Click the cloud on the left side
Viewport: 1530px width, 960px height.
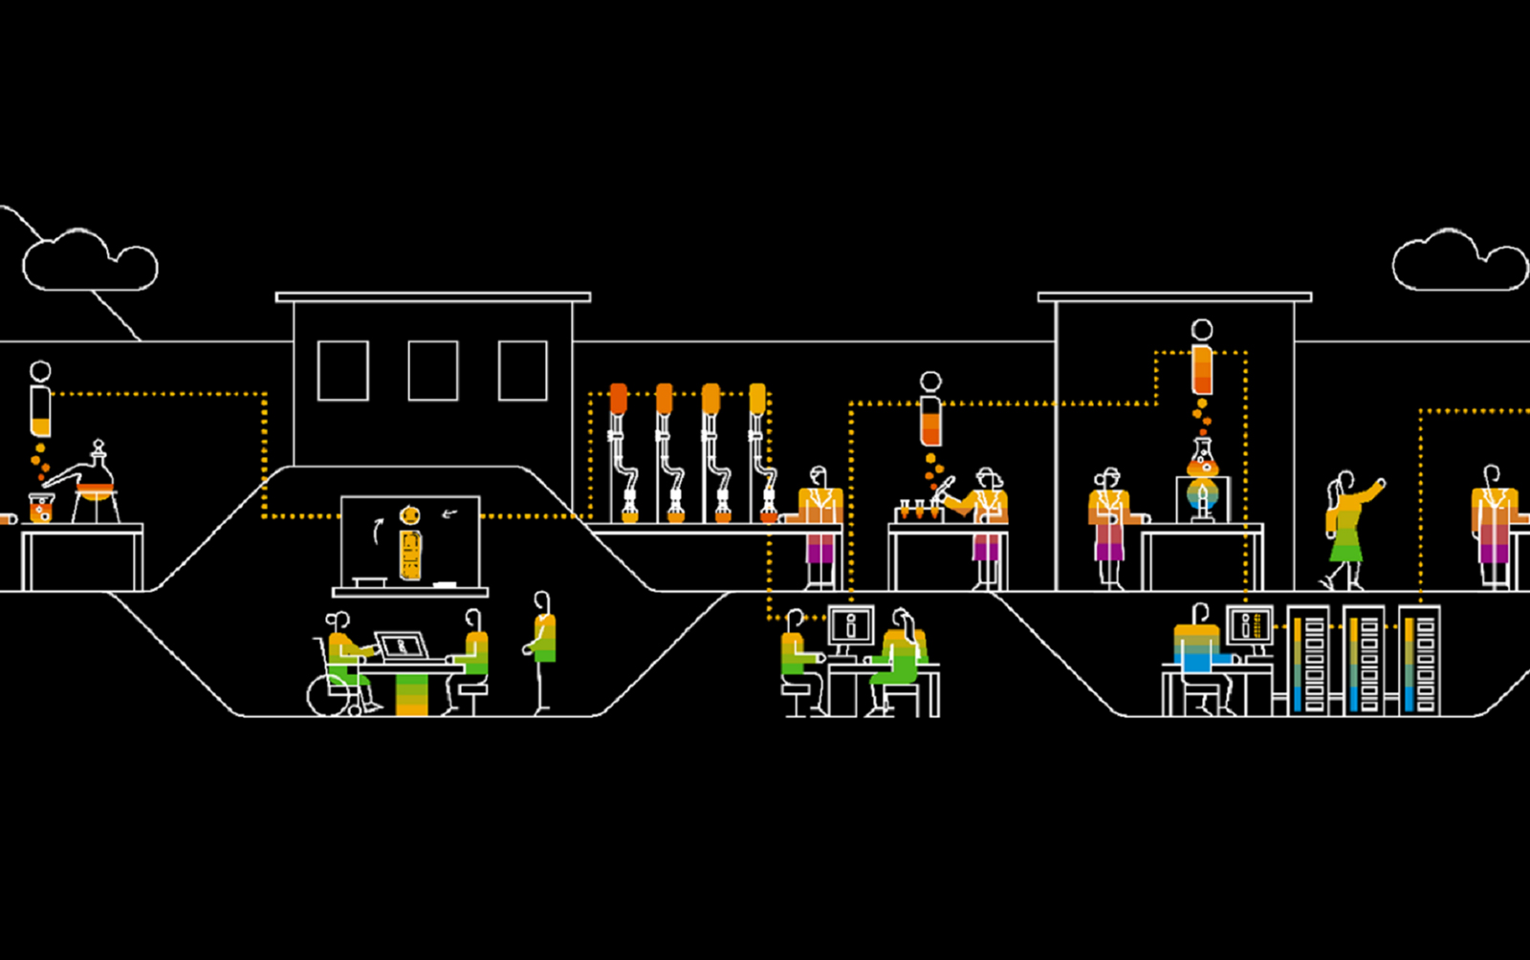click(x=88, y=260)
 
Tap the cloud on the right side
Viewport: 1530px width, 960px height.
click(x=1457, y=260)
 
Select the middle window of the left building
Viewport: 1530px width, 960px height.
click(x=432, y=370)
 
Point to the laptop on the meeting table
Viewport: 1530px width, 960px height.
click(x=403, y=646)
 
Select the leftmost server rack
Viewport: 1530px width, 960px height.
click(x=1308, y=660)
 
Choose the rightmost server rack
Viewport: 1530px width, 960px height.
click(x=1419, y=660)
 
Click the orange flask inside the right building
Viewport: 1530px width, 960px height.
click(x=1202, y=461)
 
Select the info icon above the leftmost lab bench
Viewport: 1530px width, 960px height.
click(x=40, y=398)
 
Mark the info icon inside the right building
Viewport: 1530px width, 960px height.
click(x=1202, y=358)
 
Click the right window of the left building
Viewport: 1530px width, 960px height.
click(x=523, y=370)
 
